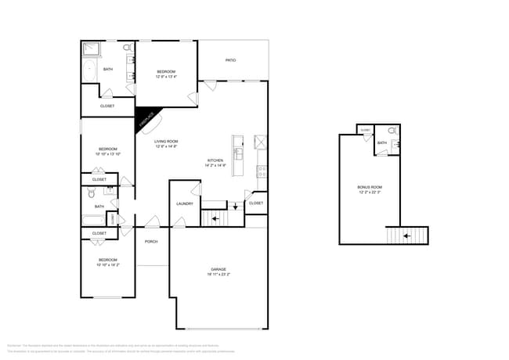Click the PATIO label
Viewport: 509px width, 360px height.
click(231, 60)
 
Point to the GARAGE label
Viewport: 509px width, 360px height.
click(218, 271)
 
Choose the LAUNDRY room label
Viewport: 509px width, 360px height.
click(185, 203)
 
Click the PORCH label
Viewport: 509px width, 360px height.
click(151, 242)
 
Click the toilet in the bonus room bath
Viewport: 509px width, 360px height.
click(392, 131)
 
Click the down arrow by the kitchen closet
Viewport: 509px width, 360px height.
click(234, 207)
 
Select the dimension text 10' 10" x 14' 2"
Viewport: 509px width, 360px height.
click(108, 265)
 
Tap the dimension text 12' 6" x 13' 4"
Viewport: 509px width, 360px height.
click(166, 77)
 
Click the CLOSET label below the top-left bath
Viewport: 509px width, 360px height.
click(107, 106)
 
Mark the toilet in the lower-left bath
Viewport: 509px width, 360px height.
click(92, 193)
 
